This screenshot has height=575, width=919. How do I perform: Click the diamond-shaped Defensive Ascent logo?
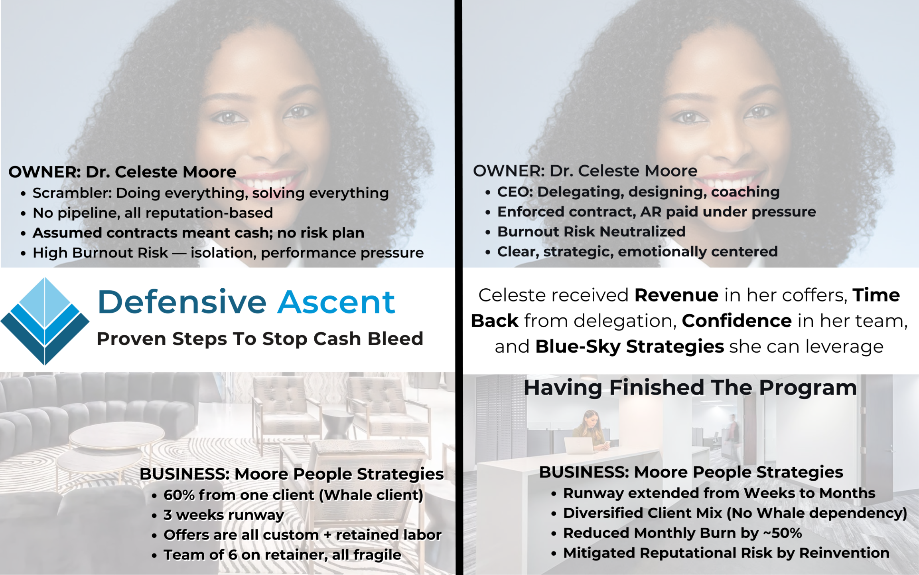click(45, 321)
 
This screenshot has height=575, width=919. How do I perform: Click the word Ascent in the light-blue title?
click(336, 302)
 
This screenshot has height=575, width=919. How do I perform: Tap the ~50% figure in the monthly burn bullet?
click(782, 533)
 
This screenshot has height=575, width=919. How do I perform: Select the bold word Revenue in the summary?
click(676, 295)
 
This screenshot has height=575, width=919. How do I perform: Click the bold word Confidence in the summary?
click(737, 321)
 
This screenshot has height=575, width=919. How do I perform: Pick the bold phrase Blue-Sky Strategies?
click(629, 346)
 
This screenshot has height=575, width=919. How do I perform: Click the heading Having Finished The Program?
click(690, 387)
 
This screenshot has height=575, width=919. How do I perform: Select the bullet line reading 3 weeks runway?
click(224, 515)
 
